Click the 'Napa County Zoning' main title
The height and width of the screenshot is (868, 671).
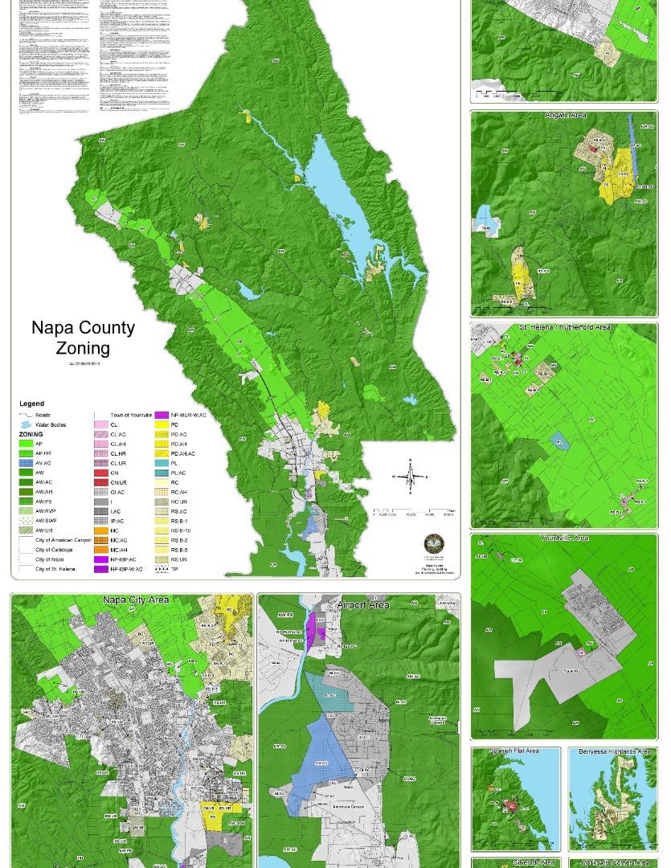(83, 338)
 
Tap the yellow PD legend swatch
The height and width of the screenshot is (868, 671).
(162, 425)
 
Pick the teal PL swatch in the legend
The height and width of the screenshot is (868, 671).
(162, 464)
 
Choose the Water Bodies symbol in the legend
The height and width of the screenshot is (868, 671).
(27, 424)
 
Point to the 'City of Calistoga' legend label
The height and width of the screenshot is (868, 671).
(55, 550)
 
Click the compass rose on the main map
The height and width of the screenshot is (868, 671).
(410, 477)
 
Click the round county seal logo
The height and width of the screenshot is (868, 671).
(435, 544)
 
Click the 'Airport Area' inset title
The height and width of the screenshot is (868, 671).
(363, 604)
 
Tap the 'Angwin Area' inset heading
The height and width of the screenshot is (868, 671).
(565, 116)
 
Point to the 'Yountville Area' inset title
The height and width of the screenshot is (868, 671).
(564, 538)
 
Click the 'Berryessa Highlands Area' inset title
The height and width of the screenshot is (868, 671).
(614, 751)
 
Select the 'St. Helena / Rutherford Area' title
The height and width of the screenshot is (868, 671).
(564, 327)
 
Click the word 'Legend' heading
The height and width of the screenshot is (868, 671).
(32, 403)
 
